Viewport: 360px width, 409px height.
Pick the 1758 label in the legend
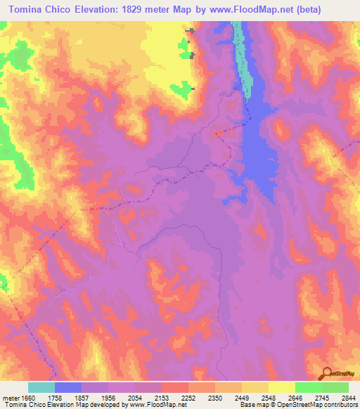pyautogui.click(x=65, y=397)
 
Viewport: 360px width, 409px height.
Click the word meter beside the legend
pyautogui.click(x=10, y=397)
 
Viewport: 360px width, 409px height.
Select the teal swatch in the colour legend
pyautogui.click(x=41, y=387)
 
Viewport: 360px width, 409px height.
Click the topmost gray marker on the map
pyautogui.click(x=189, y=30)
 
